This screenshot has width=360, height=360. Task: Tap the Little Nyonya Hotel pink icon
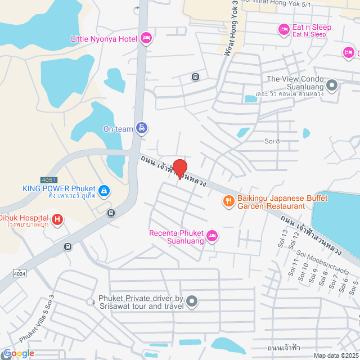(146, 38)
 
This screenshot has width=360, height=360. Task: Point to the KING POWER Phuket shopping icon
(103, 191)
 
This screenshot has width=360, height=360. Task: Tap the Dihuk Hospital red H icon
(57, 218)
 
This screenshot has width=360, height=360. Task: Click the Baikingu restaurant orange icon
(228, 201)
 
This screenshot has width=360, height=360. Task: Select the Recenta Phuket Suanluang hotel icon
(212, 236)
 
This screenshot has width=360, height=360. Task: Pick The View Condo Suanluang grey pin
(332, 86)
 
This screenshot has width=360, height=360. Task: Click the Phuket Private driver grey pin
(192, 301)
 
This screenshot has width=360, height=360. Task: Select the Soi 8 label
(272, 141)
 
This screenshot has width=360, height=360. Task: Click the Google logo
(18, 353)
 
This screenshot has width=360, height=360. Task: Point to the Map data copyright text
(336, 355)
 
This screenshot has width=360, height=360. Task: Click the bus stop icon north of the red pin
(195, 76)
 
